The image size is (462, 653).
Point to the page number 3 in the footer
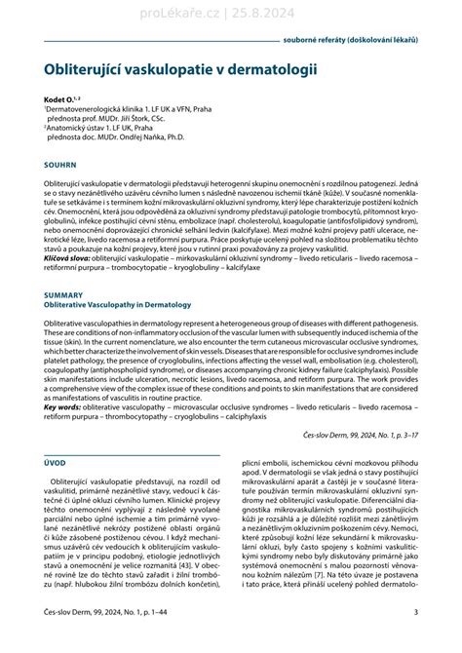[416, 638]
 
